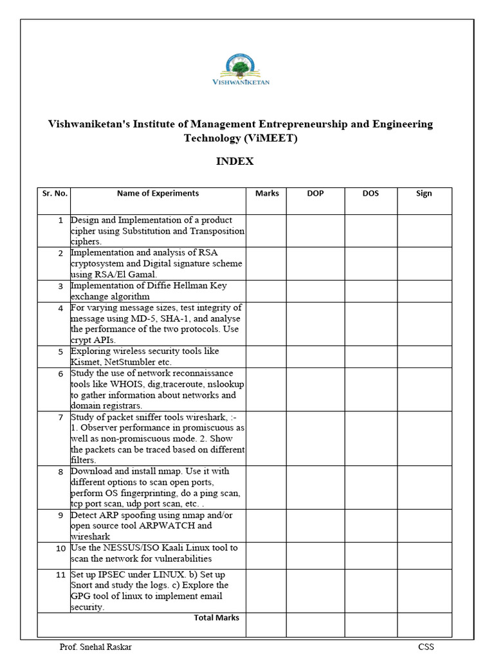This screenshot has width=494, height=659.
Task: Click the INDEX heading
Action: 235,162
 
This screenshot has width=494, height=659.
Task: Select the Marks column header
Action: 267,194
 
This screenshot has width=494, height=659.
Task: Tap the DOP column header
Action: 315,194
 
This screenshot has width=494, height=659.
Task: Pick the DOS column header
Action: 370,194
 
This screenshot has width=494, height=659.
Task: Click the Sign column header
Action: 424,194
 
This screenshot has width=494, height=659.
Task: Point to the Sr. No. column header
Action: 55,194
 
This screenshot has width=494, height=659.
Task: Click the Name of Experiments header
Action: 158,194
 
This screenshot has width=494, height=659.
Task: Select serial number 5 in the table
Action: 60,352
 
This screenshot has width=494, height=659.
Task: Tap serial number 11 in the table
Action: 60,575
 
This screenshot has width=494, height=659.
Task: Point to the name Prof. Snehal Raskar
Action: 95,647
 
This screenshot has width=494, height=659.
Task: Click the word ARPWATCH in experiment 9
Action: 167,526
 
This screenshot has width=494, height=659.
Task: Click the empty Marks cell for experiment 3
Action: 266,291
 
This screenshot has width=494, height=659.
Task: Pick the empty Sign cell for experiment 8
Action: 424,487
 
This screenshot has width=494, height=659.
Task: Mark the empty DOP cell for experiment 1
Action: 315,230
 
